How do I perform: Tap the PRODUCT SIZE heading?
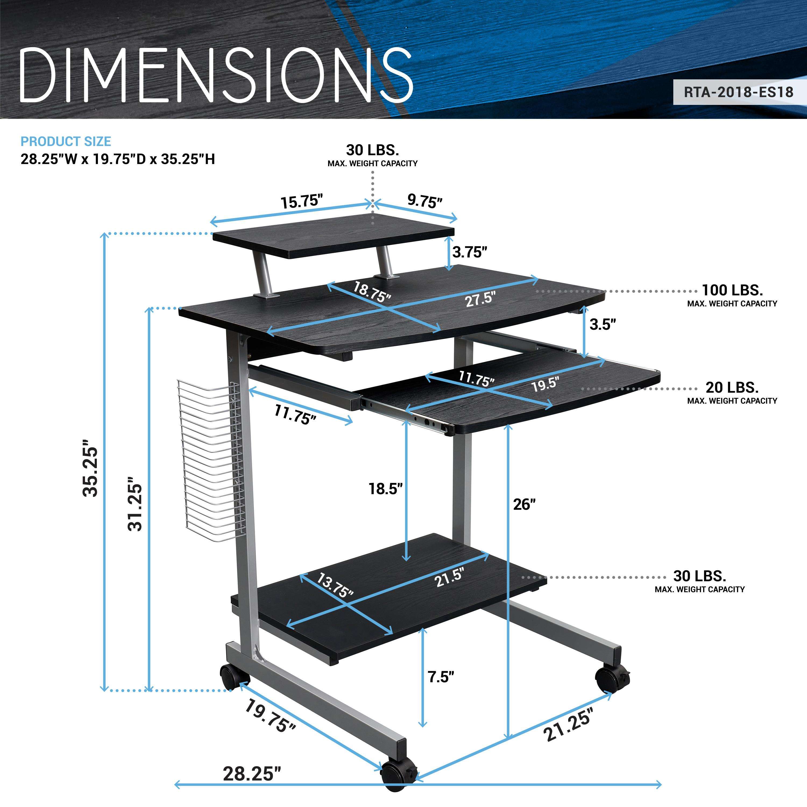[x=66, y=141]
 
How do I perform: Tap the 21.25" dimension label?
[x=568, y=725]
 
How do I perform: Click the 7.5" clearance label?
[x=441, y=677]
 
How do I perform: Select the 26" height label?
[x=524, y=505]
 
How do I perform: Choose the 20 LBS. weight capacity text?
[x=732, y=388]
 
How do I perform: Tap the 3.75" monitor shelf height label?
[x=470, y=252]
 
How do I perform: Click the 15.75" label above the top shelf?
[x=302, y=202]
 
